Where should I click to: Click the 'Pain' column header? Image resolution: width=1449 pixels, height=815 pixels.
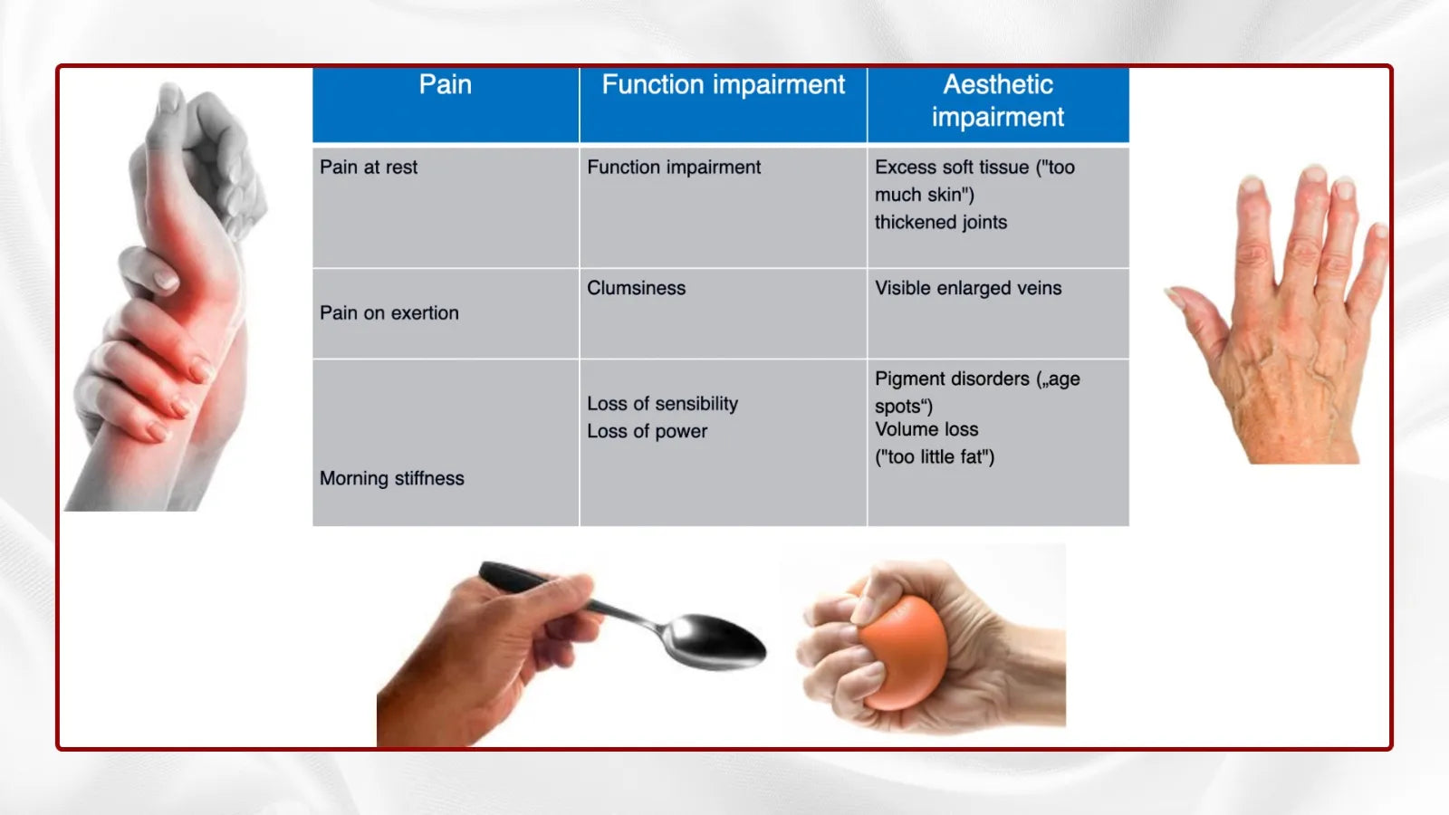click(445, 85)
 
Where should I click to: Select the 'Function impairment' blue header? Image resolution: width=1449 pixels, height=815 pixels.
click(724, 85)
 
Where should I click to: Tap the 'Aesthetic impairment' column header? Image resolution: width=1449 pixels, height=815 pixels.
click(997, 101)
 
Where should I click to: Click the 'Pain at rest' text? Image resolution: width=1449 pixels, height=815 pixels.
click(369, 168)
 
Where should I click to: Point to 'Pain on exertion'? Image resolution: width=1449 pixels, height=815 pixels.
click(389, 313)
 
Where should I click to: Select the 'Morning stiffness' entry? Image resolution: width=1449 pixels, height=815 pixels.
click(392, 479)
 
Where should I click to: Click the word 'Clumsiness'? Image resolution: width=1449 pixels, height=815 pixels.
click(636, 289)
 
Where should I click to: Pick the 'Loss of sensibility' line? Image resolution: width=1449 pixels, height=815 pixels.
click(662, 404)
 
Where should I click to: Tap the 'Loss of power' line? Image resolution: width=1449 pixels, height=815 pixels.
click(647, 431)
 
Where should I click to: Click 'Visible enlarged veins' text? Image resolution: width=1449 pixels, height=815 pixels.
click(968, 289)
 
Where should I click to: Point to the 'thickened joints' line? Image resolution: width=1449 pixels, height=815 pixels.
click(941, 223)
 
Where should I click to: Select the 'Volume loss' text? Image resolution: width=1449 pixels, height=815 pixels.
click(926, 429)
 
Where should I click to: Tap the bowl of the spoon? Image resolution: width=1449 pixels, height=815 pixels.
click(715, 641)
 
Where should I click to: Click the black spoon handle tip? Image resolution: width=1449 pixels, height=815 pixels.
click(486, 570)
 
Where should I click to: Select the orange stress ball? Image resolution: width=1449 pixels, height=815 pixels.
click(905, 652)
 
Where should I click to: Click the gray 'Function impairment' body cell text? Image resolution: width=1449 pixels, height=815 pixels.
click(674, 168)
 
